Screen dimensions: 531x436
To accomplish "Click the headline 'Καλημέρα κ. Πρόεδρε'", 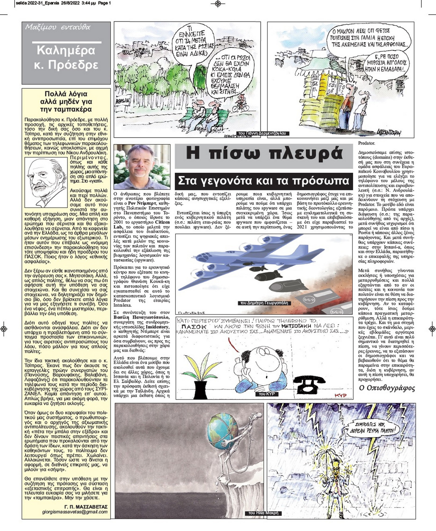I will tap(66, 58).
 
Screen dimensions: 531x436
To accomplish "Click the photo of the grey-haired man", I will tap(142, 167).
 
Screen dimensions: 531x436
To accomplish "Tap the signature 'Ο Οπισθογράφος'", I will tap(387, 388).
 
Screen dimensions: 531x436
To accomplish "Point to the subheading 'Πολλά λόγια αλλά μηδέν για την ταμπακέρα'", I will tap(66, 101).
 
